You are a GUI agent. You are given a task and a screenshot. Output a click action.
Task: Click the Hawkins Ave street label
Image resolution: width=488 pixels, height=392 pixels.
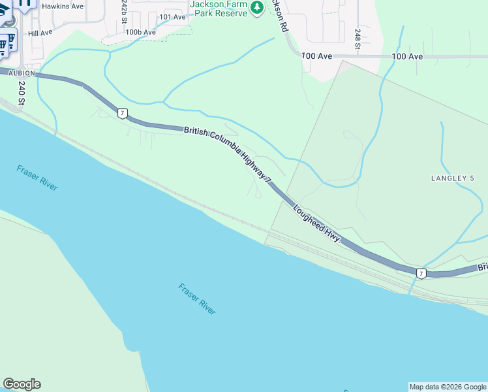[x=63, y=6]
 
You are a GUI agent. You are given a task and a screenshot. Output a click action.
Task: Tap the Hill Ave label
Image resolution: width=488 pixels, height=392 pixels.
[x=40, y=33]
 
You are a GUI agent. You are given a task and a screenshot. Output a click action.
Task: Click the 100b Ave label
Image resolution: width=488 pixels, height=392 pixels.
[x=141, y=31]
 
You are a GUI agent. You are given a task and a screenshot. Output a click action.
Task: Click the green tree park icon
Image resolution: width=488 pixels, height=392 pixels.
[x=258, y=7]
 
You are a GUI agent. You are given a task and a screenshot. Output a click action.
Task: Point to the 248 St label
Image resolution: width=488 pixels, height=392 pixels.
[x=358, y=39]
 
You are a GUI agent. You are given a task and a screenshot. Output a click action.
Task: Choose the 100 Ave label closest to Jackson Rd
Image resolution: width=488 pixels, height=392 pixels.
[x=317, y=57]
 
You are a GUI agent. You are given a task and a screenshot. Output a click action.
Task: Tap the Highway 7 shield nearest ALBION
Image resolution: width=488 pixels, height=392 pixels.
[x=123, y=113]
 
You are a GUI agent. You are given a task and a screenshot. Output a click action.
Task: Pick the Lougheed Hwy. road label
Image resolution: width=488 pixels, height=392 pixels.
[x=317, y=224]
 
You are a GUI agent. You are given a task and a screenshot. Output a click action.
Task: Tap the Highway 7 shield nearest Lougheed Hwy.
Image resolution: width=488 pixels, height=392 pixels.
[x=421, y=273]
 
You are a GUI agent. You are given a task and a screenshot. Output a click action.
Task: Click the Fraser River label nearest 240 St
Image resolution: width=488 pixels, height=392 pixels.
[x=37, y=178]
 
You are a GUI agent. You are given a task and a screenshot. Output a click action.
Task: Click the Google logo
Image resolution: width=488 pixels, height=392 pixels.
[x=22, y=384]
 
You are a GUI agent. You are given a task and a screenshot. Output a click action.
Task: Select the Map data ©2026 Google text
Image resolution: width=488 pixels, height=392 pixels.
[x=447, y=387]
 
